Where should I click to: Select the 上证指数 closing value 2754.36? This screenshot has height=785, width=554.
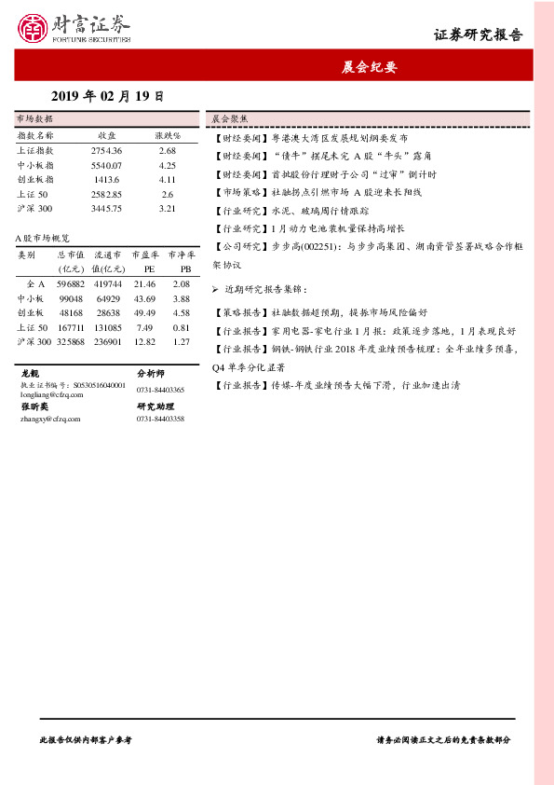[x=107, y=150]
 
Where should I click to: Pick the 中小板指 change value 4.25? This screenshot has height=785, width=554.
[x=168, y=165]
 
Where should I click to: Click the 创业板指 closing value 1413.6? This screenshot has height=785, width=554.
[x=107, y=179]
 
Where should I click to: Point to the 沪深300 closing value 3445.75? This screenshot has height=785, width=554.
[x=107, y=208]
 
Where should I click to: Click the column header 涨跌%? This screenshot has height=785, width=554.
[x=168, y=135]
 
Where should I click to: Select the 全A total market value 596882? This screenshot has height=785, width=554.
[x=71, y=283]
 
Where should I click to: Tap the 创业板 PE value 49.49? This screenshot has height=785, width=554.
[x=144, y=312]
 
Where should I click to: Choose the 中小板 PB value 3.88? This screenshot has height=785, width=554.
[x=182, y=298]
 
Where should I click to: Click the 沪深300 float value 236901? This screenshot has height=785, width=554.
[x=107, y=341]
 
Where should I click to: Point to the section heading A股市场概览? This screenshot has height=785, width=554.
[x=43, y=238]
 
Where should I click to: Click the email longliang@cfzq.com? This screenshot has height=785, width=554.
[x=52, y=394]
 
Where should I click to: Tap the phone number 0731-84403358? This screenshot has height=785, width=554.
[x=160, y=420]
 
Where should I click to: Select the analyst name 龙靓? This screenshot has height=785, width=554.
[x=30, y=373]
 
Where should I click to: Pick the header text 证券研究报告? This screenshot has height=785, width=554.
[x=479, y=35]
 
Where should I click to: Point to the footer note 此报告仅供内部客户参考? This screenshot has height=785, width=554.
[x=86, y=738]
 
